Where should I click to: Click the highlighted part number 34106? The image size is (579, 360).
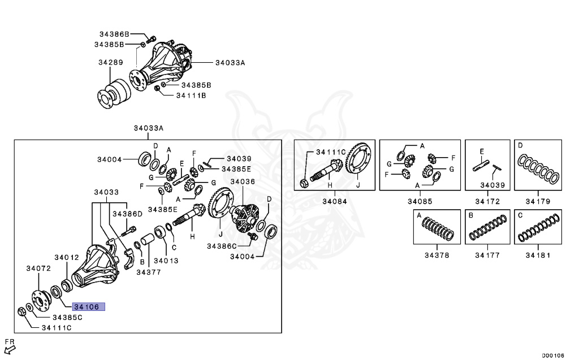click(x=88, y=307)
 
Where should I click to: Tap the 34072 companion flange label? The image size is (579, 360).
click(x=40, y=267)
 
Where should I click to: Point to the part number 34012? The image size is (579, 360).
click(x=66, y=257)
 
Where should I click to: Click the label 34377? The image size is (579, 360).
click(x=148, y=272)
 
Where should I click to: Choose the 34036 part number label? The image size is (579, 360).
click(x=243, y=181)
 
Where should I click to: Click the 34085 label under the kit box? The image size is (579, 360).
click(x=419, y=201)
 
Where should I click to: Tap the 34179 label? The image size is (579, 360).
click(x=537, y=201)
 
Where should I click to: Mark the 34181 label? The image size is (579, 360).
click(x=537, y=255)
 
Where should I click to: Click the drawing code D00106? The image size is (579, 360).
click(x=553, y=355)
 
